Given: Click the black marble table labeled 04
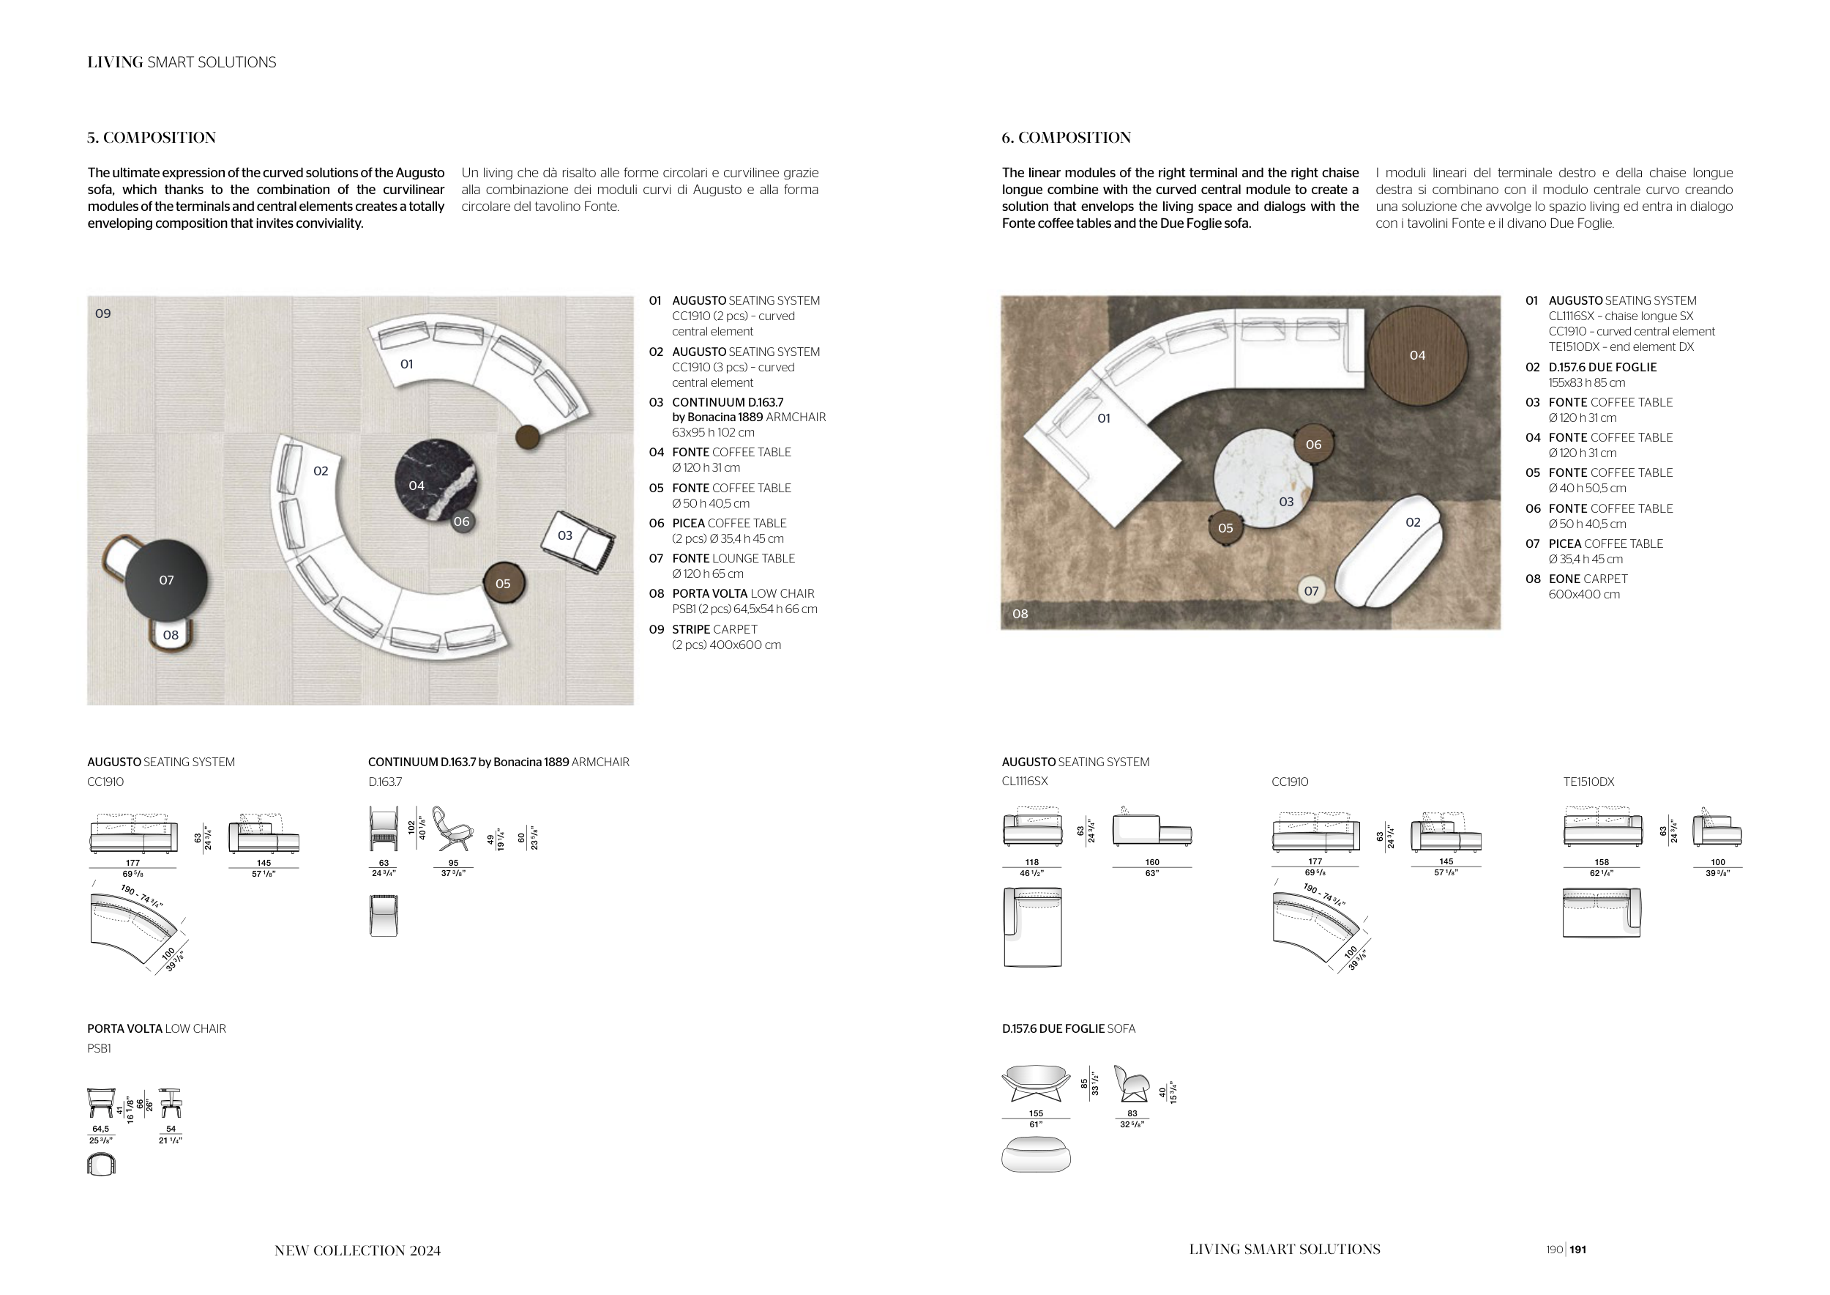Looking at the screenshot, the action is (436, 480).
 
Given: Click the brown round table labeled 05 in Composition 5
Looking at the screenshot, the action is (504, 584).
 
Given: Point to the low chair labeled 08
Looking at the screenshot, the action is (171, 636).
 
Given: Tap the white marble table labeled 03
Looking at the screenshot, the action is (1263, 478).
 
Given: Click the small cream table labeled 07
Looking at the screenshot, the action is (1311, 591).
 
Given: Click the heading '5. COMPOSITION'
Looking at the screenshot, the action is (152, 138).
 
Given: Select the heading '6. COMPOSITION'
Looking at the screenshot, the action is (1067, 138).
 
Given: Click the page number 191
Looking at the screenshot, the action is (1578, 1250).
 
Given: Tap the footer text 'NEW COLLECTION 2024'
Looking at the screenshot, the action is (358, 1250).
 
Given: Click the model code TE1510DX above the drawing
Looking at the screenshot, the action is (1588, 782).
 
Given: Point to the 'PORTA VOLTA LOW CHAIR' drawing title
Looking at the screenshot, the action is (157, 1028).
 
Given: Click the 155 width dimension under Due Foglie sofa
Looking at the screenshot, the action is (1037, 1113).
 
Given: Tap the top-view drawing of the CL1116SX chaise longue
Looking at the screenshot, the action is (1032, 927).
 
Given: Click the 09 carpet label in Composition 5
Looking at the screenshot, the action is (102, 313).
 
